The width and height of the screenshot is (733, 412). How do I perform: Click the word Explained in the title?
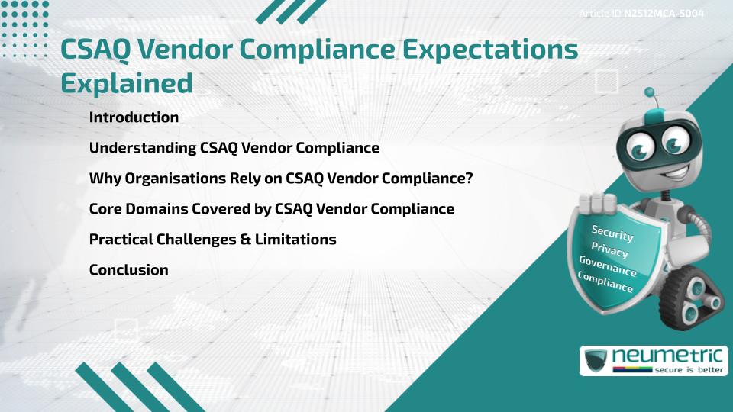click(x=127, y=83)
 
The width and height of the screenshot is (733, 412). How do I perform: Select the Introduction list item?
click(x=134, y=117)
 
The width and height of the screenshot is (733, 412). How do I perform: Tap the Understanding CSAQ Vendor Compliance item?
click(x=234, y=148)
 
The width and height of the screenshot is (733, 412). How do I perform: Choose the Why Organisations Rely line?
click(x=281, y=179)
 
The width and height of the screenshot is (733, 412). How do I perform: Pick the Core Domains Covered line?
click(x=271, y=209)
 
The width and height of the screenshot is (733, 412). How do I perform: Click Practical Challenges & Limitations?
click(x=212, y=240)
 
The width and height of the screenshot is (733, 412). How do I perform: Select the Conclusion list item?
click(x=128, y=270)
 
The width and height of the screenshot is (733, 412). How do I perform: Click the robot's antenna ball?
click(x=650, y=93)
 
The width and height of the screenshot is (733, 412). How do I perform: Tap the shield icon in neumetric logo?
click(x=596, y=360)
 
